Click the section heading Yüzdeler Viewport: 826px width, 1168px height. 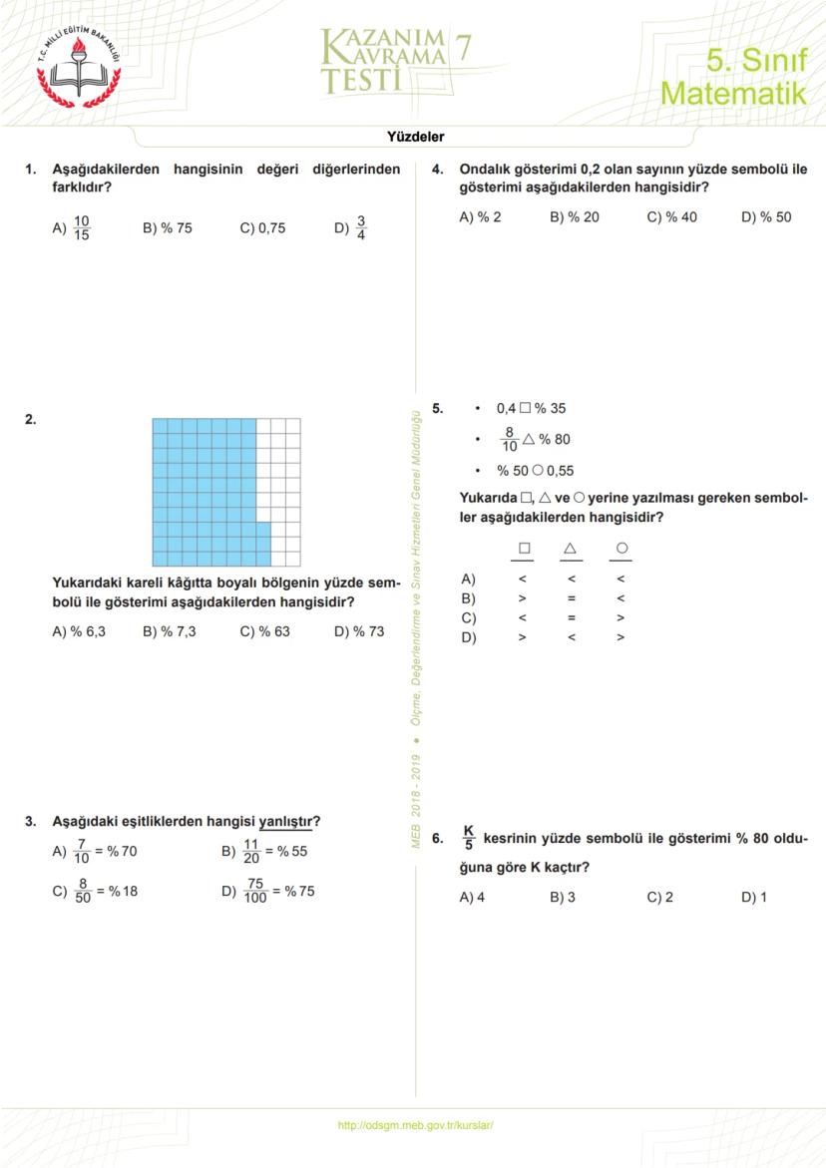pyautogui.click(x=415, y=137)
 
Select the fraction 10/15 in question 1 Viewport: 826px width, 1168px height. pyautogui.click(x=82, y=228)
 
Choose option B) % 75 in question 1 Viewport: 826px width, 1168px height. pyautogui.click(x=168, y=228)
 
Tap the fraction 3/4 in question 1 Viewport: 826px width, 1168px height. pyautogui.click(x=361, y=228)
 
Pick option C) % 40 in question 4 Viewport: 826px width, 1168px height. pyautogui.click(x=671, y=216)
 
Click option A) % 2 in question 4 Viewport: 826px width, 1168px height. pyautogui.click(x=480, y=216)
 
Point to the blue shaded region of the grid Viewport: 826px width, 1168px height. pyautogui.click(x=205, y=489)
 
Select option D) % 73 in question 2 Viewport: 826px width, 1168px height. pyautogui.click(x=359, y=631)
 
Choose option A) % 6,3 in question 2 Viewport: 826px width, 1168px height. pyautogui.click(x=79, y=631)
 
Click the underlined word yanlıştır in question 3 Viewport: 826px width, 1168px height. pyautogui.click(x=286, y=822)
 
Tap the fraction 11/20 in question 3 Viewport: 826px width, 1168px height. pyautogui.click(x=251, y=852)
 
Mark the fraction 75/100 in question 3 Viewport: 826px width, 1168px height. pyautogui.click(x=255, y=891)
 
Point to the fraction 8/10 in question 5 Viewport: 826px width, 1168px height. pyautogui.click(x=510, y=439)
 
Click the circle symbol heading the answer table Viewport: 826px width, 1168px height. pyautogui.click(x=621, y=549)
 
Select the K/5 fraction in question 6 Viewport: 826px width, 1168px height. pyautogui.click(x=469, y=839)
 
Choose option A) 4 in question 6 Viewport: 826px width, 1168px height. pyautogui.click(x=472, y=897)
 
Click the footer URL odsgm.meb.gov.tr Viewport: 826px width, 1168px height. pyautogui.click(x=416, y=1125)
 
